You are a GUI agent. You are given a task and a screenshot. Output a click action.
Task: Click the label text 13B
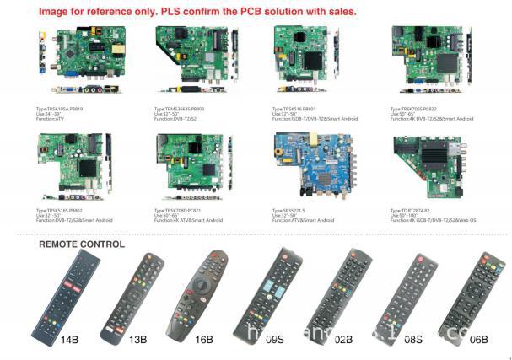[x=137, y=339]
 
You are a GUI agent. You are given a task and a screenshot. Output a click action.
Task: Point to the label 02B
[x=342, y=339]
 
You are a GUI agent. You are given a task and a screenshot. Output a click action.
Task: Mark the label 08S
[x=412, y=339]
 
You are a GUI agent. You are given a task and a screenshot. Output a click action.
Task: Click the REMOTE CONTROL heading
[x=82, y=244]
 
